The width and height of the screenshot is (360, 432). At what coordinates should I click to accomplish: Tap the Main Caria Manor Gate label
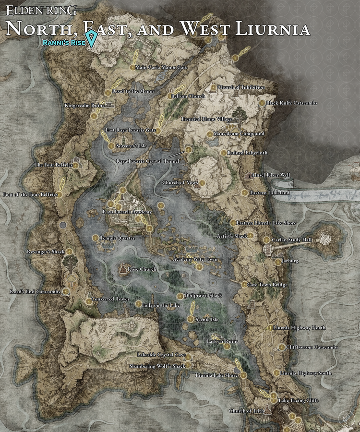tap(162, 68)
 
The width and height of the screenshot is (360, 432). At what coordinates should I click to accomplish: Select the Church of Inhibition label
tap(240, 87)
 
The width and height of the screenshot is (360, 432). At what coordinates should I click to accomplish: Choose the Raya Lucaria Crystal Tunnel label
tap(147, 161)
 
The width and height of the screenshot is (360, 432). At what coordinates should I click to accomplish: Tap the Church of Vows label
tap(180, 183)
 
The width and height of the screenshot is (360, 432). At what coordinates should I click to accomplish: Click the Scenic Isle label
tap(208, 319)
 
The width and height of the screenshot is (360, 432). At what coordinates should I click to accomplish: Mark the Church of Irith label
tap(247, 411)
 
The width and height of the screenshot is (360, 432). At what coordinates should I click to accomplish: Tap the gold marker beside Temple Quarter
tap(96, 238)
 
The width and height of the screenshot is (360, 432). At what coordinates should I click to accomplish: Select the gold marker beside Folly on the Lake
tap(138, 304)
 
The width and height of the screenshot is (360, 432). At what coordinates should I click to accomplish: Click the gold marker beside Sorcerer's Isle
tap(111, 145)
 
